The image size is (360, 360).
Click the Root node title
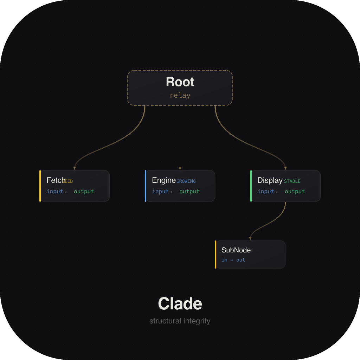(180, 82)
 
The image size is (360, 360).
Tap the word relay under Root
(180, 95)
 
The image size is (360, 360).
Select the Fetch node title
(55, 180)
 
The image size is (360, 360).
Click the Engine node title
(164, 180)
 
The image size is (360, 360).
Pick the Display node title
(270, 180)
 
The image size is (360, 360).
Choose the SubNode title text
(236, 250)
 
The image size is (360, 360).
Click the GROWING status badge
(186, 181)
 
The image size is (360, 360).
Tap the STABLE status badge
(292, 181)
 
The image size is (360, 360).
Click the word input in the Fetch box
(55, 192)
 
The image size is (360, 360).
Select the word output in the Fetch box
(84, 192)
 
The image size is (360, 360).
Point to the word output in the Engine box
(189, 192)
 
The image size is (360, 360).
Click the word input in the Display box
(266, 192)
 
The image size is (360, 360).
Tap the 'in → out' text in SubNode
(233, 260)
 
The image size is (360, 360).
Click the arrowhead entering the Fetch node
(75, 168)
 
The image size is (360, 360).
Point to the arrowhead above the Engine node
(180, 168)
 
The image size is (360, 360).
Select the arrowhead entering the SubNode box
(250, 239)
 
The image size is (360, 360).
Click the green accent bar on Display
(251, 186)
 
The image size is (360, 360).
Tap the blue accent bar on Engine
(146, 186)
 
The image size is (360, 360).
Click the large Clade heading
(180, 304)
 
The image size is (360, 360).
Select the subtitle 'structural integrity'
(180, 321)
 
